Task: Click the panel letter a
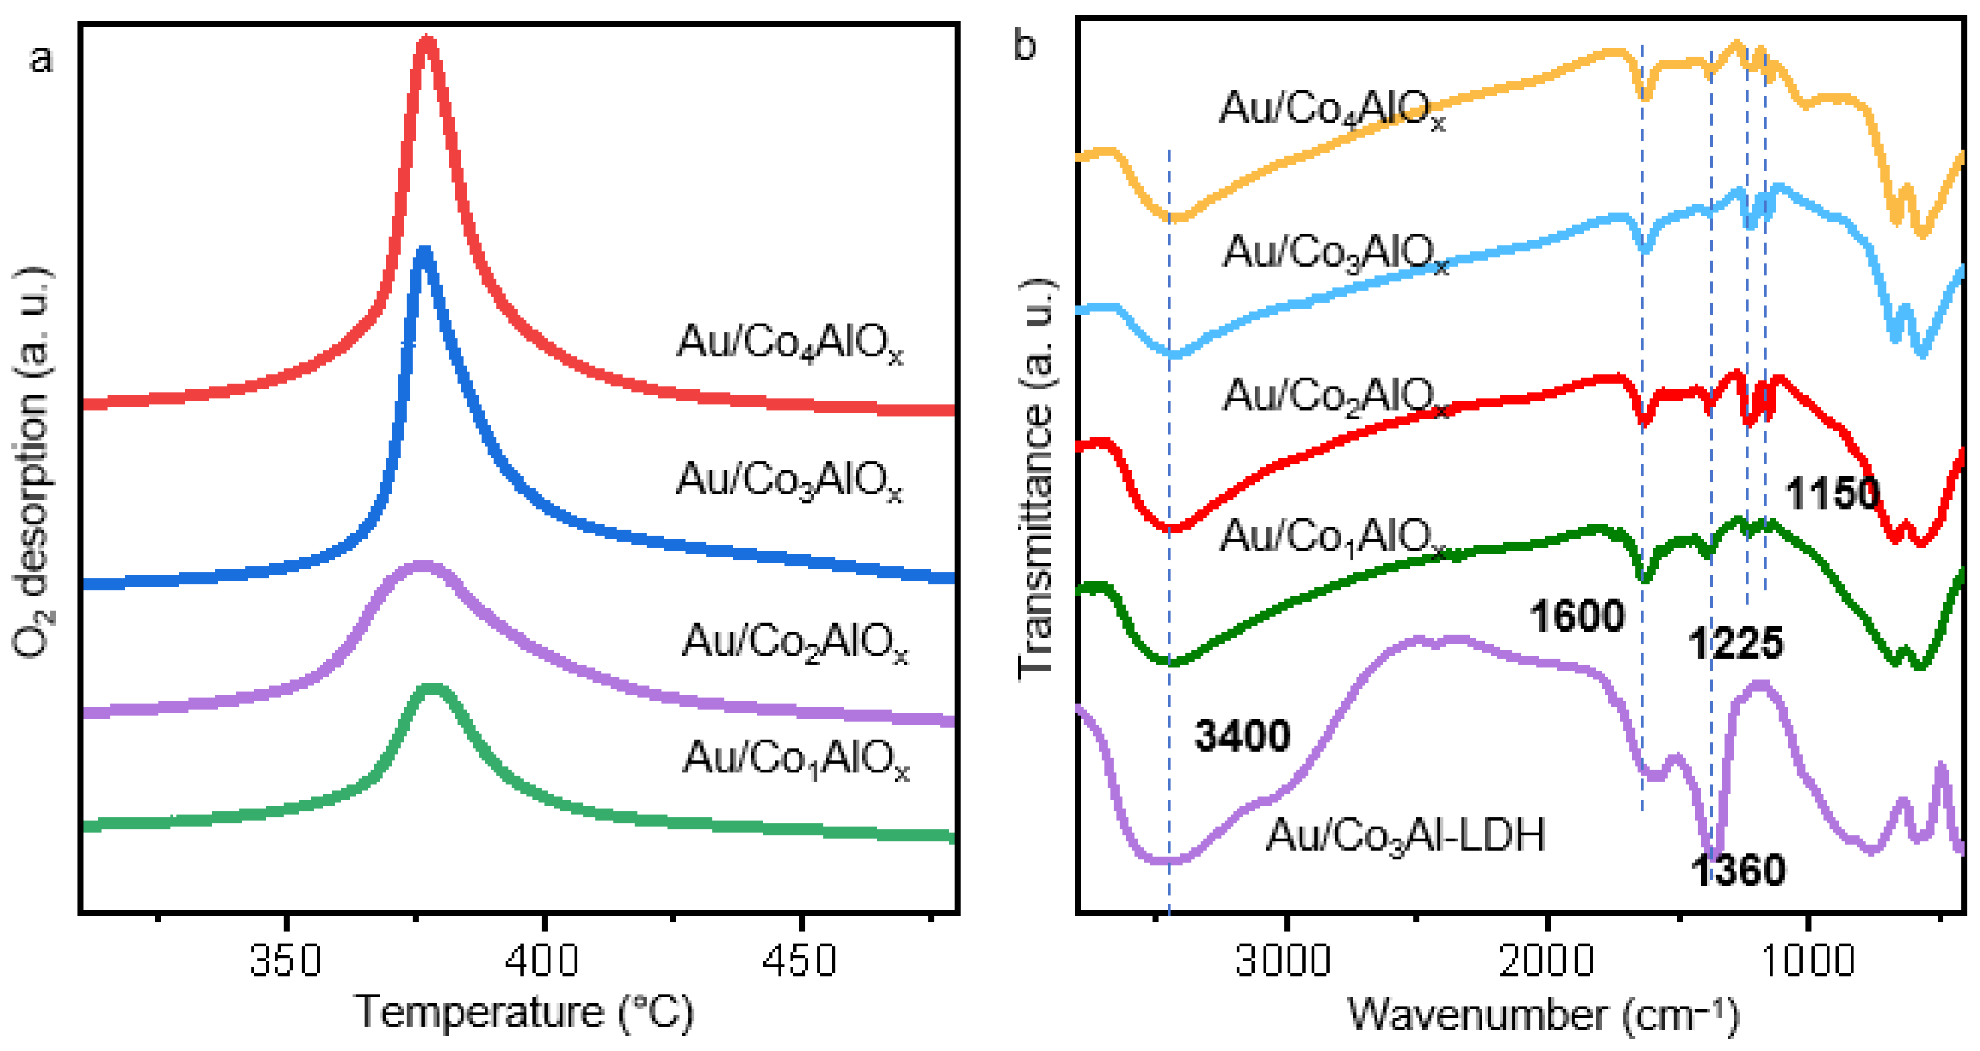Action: click(42, 59)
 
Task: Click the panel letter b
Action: click(1025, 46)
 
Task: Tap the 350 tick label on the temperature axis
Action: click(285, 960)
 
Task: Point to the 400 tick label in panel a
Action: click(544, 960)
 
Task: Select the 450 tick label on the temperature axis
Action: click(800, 960)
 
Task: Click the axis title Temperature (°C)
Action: click(524, 1013)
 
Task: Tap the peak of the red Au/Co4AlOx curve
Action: click(427, 42)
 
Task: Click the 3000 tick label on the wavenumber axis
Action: click(1283, 960)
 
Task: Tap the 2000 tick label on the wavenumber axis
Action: click(1546, 960)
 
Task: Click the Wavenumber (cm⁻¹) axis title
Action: click(1543, 1014)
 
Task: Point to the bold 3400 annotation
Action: click(1242, 735)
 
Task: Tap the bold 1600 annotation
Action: click(1577, 616)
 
